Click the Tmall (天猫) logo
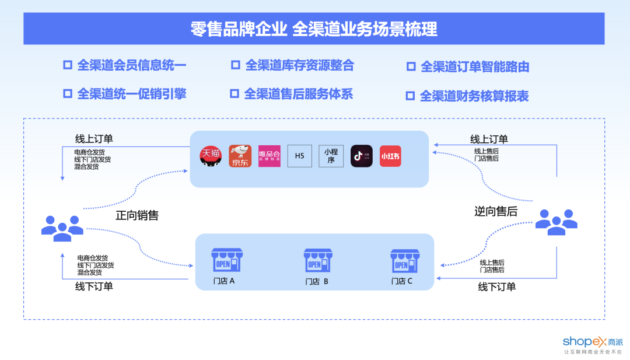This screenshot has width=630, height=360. [211, 155]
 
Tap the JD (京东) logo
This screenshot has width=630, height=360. [240, 156]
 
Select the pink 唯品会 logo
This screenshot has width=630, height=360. [269, 156]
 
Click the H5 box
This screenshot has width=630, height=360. [300, 156]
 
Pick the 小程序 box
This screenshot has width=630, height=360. [331, 156]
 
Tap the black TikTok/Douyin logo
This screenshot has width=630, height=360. [361, 156]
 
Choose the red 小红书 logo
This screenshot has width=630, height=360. [390, 156]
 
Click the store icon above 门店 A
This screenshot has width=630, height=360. [226, 260]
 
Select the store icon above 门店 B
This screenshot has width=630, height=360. [317, 261]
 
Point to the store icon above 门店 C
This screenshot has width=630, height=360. [404, 261]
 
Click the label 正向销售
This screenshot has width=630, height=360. [137, 215]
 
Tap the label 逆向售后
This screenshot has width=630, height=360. [496, 211]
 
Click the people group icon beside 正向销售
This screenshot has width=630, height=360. [62, 228]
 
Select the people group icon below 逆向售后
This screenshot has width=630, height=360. [556, 222]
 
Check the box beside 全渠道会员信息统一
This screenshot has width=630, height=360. [68, 65]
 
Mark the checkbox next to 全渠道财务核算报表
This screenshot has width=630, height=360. [410, 96]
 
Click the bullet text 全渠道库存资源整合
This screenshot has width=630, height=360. [299, 65]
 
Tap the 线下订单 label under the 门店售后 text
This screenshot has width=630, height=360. [497, 286]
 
